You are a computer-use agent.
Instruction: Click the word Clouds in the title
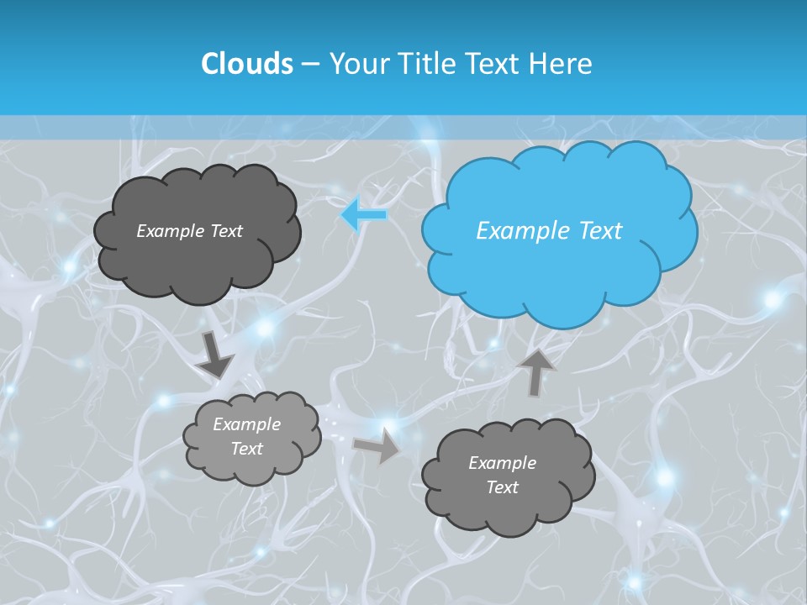point(246,64)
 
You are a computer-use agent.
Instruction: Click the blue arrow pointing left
point(364,215)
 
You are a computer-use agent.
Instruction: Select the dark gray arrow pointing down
point(215,354)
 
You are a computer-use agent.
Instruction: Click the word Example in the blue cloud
point(519,231)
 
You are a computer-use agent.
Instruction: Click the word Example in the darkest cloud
point(167,231)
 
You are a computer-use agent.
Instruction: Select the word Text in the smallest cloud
point(246,449)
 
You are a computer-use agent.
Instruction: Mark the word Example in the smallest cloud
point(246,424)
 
